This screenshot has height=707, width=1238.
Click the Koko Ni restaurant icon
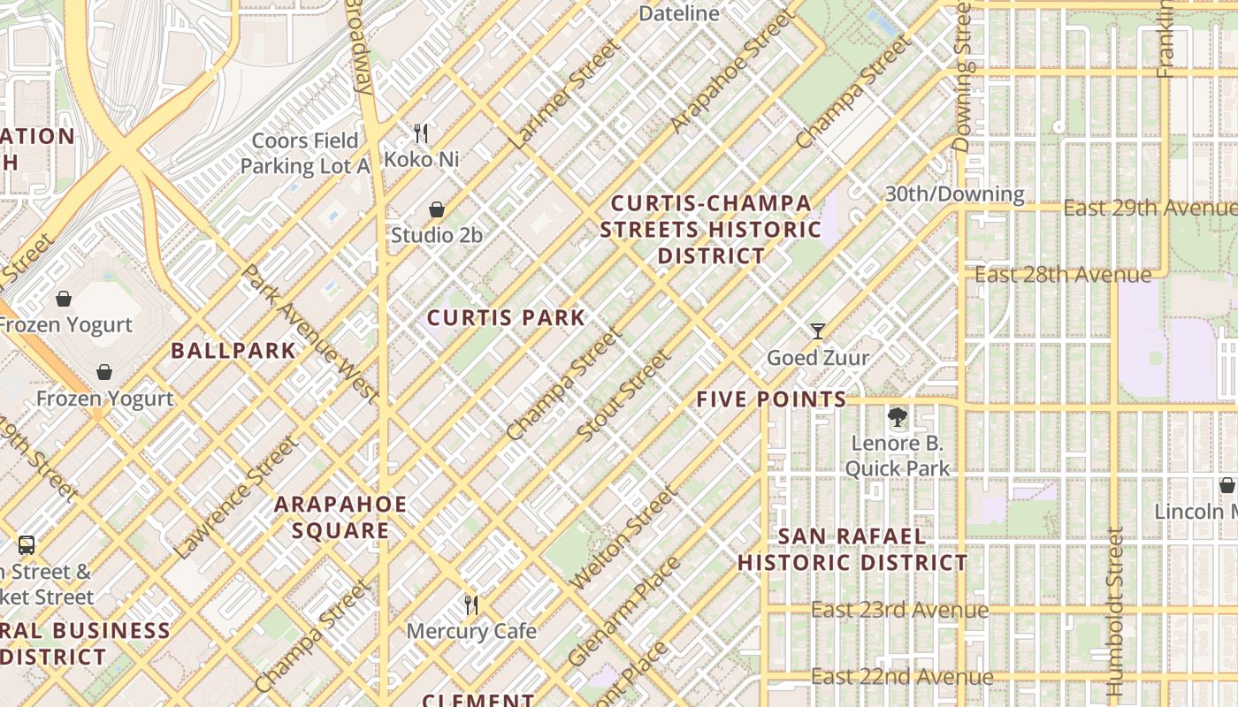[421, 133]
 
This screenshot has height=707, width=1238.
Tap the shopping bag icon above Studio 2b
[436, 209]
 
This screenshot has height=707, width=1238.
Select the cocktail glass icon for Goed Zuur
[818, 331]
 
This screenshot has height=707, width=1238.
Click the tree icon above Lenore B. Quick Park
[897, 417]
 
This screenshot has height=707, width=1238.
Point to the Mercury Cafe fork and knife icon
[471, 605]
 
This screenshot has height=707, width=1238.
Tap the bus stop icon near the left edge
[27, 545]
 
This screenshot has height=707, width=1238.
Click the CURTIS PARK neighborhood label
[506, 318]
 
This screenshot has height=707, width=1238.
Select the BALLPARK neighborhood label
[233, 351]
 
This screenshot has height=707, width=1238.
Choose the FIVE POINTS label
[771, 399]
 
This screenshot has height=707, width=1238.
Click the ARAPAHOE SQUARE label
[340, 517]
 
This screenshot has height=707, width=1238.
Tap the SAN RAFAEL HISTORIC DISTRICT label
[852, 550]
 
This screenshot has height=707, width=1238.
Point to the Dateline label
[679, 13]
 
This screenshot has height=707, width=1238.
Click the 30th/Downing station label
[955, 194]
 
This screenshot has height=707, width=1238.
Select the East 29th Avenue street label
[1150, 208]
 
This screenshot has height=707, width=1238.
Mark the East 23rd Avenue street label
[899, 610]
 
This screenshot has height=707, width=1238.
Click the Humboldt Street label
[1114, 610]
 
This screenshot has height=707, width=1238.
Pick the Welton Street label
[624, 538]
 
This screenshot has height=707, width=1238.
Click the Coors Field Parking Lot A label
[305, 154]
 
